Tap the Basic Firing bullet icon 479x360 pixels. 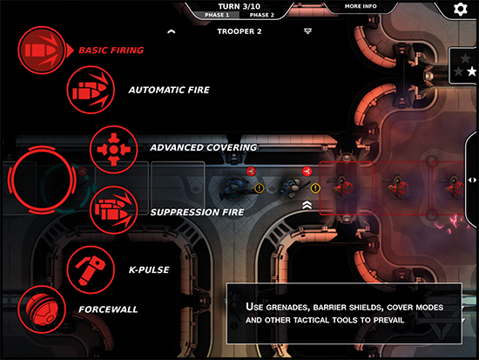[42, 51]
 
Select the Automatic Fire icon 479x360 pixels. [91, 90]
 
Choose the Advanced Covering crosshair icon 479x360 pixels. [113, 150]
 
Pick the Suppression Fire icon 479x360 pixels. [113, 210]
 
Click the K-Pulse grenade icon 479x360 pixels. [91, 269]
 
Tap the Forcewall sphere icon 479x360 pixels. [42, 309]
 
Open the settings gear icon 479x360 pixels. [461, 9]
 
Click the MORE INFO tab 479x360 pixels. [361, 6]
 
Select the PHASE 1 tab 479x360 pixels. [217, 15]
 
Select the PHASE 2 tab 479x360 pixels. [262, 15]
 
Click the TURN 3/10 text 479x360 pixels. [239, 6]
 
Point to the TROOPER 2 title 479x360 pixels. [239, 31]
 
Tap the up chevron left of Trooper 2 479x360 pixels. [172, 31]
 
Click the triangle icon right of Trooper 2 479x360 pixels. [307, 31]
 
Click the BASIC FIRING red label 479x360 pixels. [111, 51]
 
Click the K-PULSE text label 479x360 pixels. [149, 269]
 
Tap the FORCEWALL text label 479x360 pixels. [108, 309]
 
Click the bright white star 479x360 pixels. [472, 71]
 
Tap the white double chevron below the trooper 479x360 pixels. [307, 205]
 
